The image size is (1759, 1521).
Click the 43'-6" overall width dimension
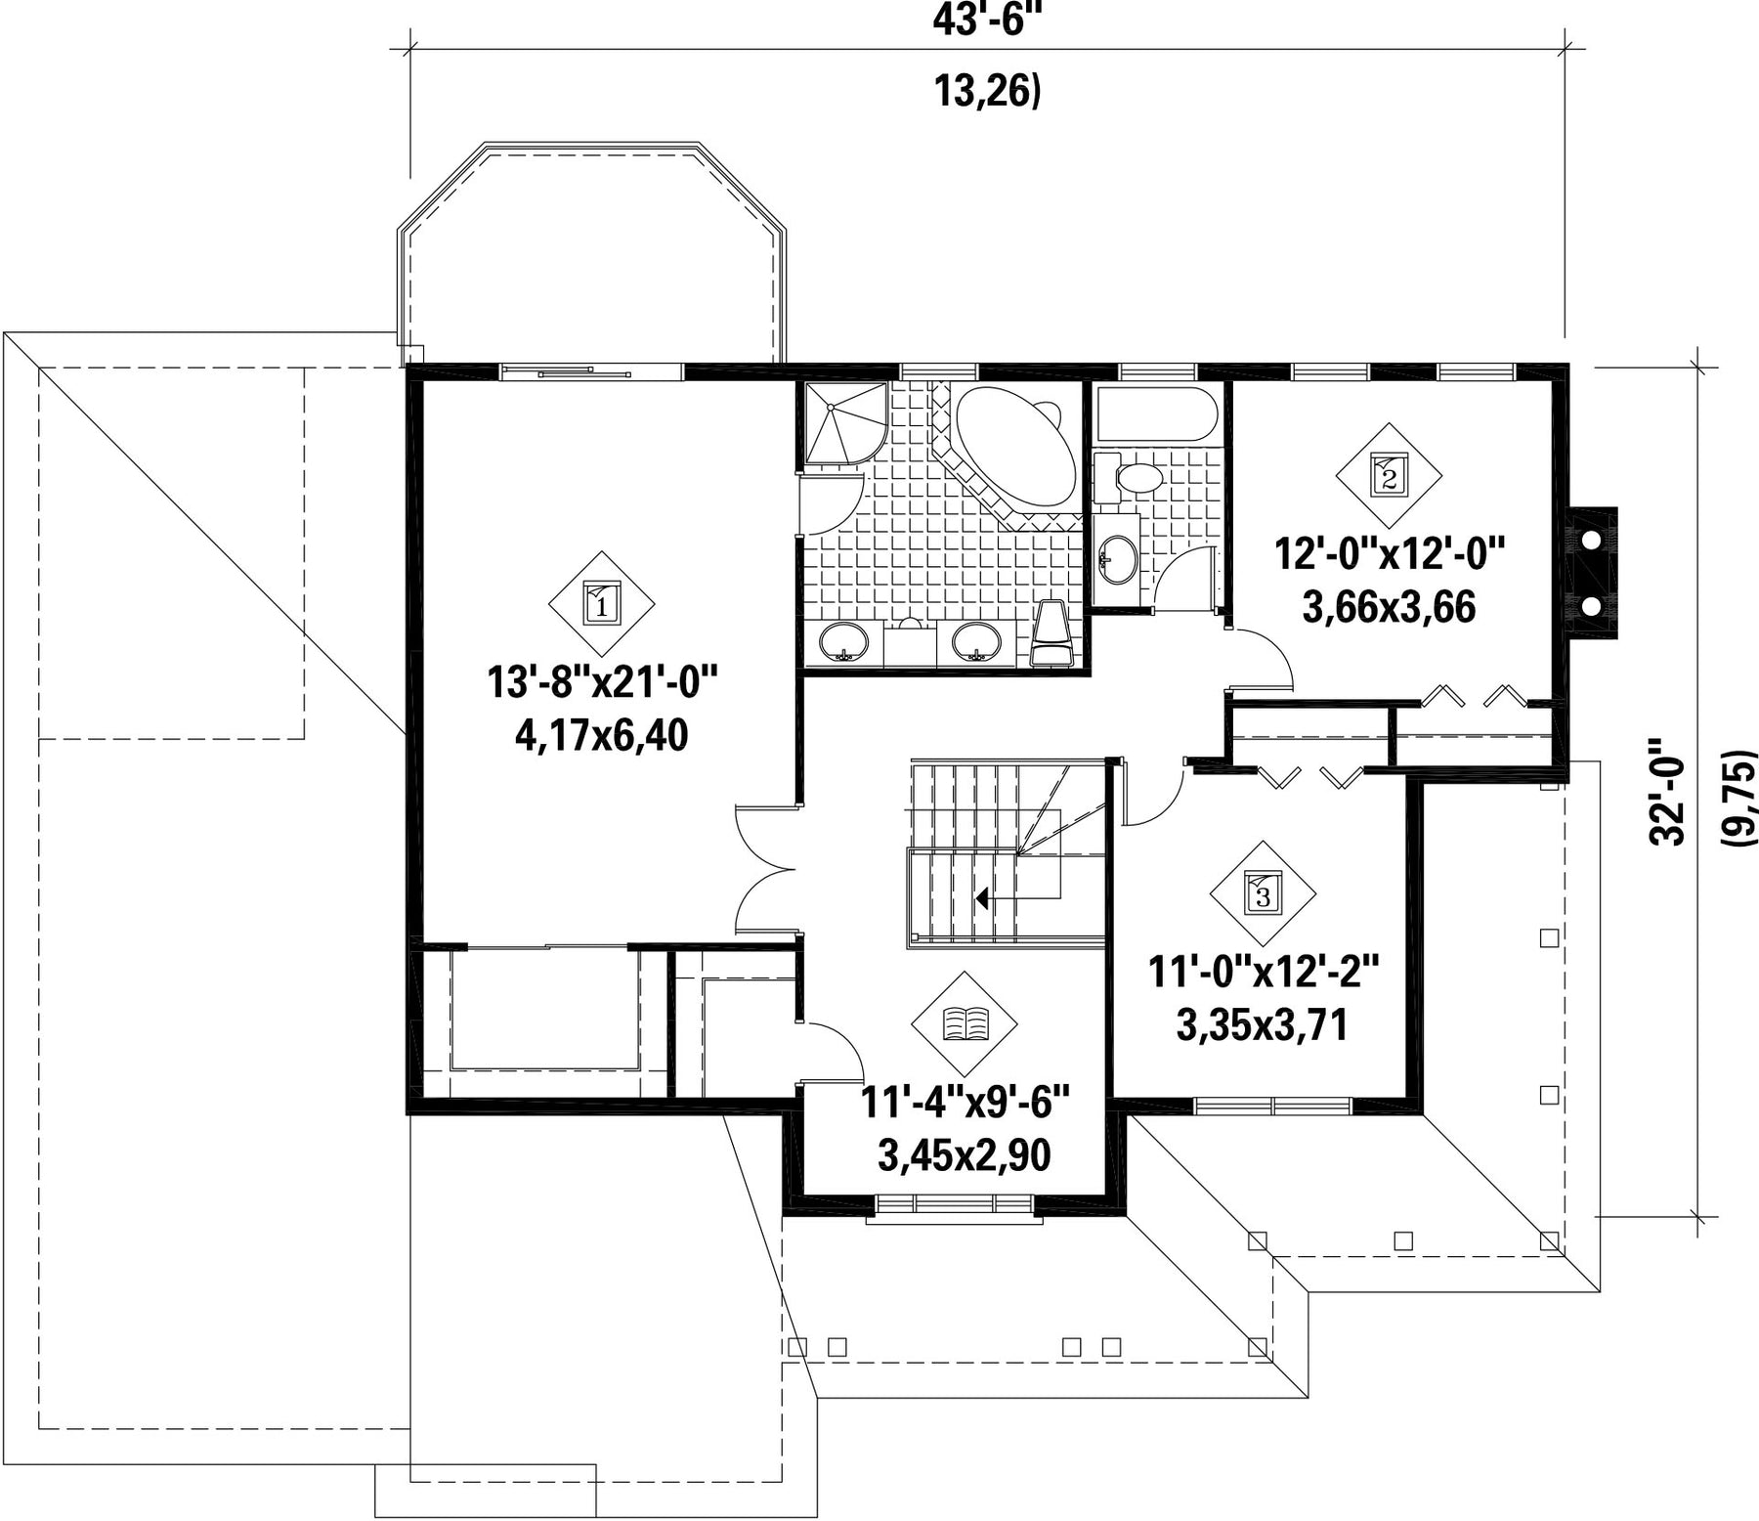[x=988, y=20]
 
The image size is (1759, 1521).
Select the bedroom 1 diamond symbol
[x=601, y=603]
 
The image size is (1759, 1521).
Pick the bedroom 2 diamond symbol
[x=1389, y=475]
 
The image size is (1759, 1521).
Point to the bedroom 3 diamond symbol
[x=1263, y=892]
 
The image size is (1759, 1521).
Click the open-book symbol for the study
[x=965, y=1023]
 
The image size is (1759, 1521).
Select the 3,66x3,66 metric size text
[x=1389, y=608]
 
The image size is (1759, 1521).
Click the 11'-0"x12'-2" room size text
[x=1263, y=973]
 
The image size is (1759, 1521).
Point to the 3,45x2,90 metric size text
[x=965, y=1155]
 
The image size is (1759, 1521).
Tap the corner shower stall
[x=845, y=424]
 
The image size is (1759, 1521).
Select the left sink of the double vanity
[x=843, y=643]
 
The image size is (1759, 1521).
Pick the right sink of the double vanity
[x=976, y=643]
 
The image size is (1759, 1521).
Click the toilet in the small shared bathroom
[x=1127, y=478]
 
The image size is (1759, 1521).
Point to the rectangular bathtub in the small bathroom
[x=1157, y=413]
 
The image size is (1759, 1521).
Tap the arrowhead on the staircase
[x=982, y=896]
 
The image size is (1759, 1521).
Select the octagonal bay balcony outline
[x=592, y=254]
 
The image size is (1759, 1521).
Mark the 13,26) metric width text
[x=988, y=91]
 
